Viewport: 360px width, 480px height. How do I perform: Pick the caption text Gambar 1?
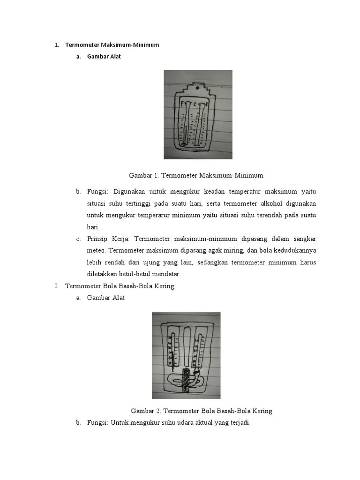[144, 175]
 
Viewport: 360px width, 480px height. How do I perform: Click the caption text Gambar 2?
[146, 411]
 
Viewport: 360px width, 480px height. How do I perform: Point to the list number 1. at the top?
[57, 45]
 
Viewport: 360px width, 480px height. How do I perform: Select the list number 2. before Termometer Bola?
[57, 286]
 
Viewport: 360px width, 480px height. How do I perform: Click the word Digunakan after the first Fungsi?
[132, 192]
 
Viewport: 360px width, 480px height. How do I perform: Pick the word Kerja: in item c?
[121, 239]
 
